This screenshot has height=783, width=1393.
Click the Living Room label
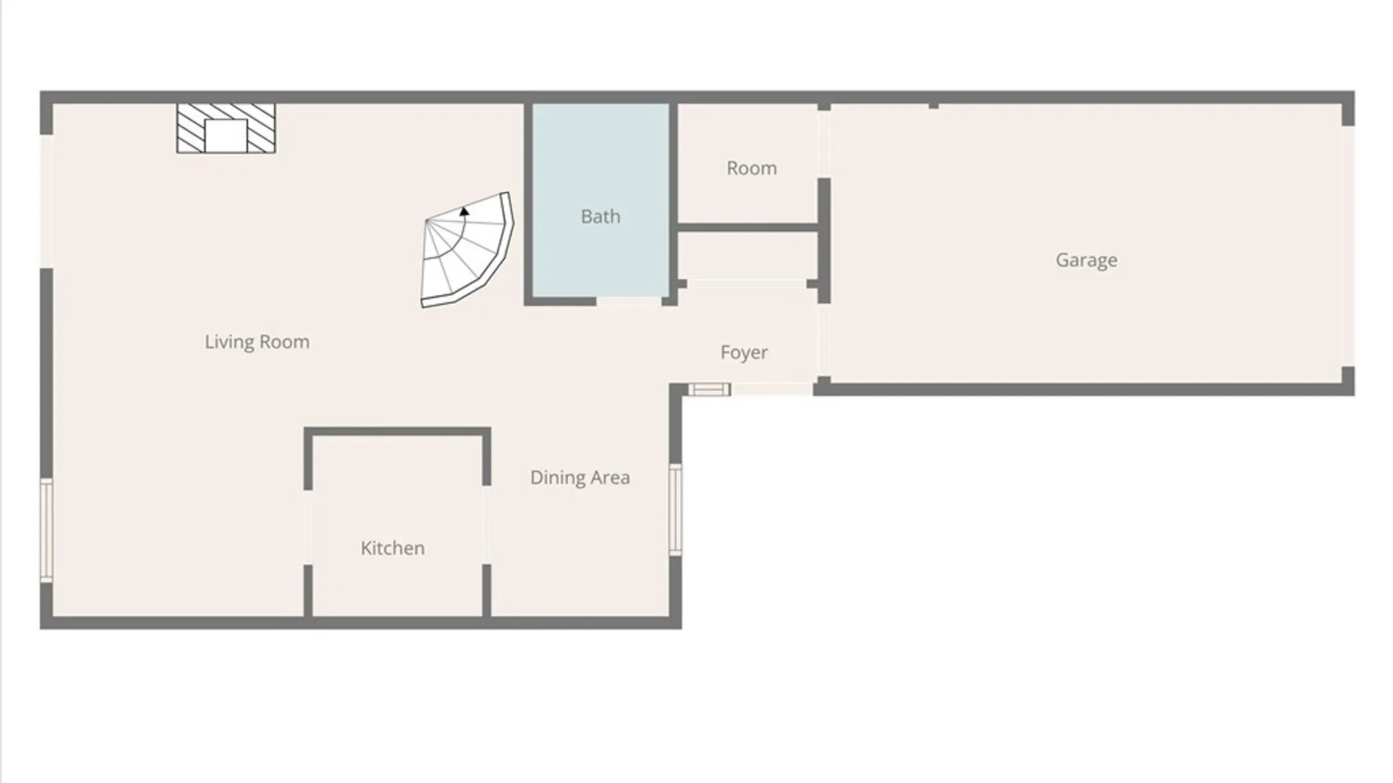point(257,341)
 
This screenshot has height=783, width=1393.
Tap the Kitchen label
point(393,547)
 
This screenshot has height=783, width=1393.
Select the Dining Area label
point(580,477)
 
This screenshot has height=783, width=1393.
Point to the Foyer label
point(744,352)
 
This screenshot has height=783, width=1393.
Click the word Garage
point(1086,260)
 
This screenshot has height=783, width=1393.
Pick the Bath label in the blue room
point(600,216)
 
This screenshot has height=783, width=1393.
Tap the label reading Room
point(752,168)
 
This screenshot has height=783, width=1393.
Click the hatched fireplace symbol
point(226,128)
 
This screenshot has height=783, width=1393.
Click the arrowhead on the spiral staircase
point(464,211)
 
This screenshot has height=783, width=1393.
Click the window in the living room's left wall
point(46,529)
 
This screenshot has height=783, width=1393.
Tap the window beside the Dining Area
point(675,510)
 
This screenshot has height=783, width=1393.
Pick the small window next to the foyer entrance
point(709,390)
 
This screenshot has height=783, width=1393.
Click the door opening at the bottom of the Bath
point(629,301)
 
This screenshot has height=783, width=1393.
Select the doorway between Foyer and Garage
point(824,341)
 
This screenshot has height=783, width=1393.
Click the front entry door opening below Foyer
point(772,390)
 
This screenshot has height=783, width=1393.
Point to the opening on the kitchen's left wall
point(308,527)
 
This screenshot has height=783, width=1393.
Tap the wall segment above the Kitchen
point(397,432)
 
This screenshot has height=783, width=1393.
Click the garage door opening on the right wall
point(1347,246)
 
